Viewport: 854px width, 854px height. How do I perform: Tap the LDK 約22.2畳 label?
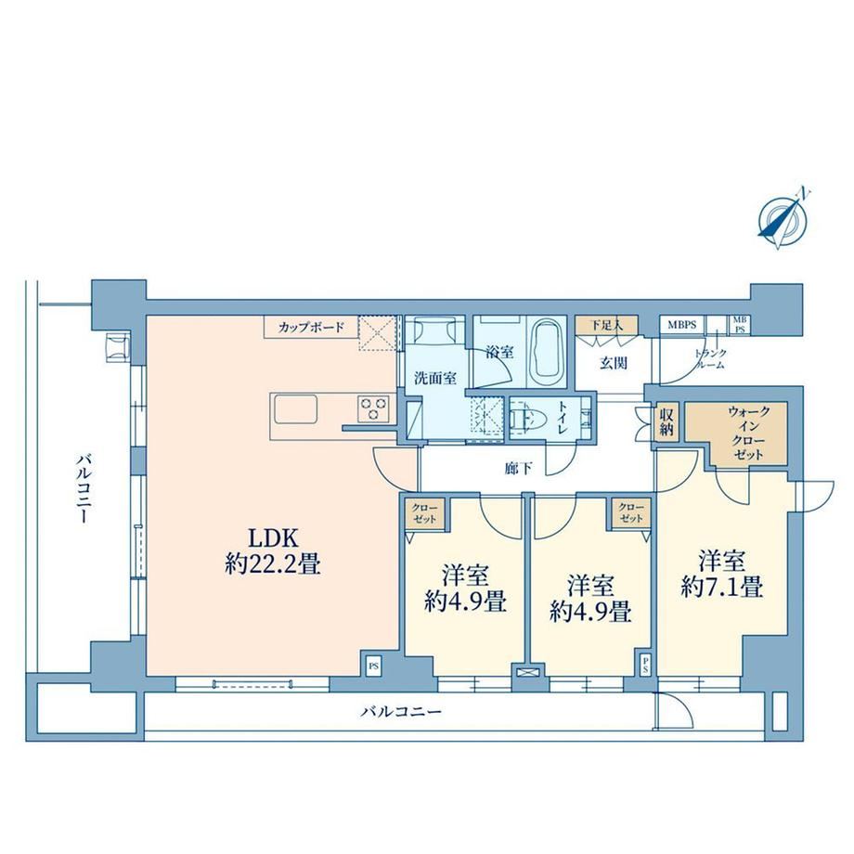(x=273, y=550)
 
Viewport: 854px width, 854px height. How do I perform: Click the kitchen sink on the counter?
(x=296, y=409)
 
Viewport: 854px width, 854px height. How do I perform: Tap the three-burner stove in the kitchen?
(x=373, y=408)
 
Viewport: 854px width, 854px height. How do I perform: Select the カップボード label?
(x=311, y=328)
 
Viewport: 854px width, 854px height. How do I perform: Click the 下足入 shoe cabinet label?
(x=606, y=325)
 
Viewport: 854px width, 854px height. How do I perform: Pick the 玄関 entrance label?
(x=614, y=363)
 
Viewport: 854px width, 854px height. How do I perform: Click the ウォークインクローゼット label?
(x=749, y=433)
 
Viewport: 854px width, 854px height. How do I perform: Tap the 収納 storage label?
(x=666, y=421)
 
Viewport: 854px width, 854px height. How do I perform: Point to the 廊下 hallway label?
(x=518, y=468)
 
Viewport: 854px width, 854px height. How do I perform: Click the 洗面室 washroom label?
(x=435, y=378)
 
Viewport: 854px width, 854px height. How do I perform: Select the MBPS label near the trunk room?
(x=682, y=325)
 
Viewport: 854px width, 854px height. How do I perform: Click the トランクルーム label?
(x=710, y=359)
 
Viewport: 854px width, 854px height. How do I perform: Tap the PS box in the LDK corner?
(x=374, y=666)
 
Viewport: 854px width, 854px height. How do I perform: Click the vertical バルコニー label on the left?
(x=82, y=487)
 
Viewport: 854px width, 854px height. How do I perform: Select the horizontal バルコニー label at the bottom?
(x=401, y=711)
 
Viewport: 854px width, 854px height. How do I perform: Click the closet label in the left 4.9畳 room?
(x=424, y=513)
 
